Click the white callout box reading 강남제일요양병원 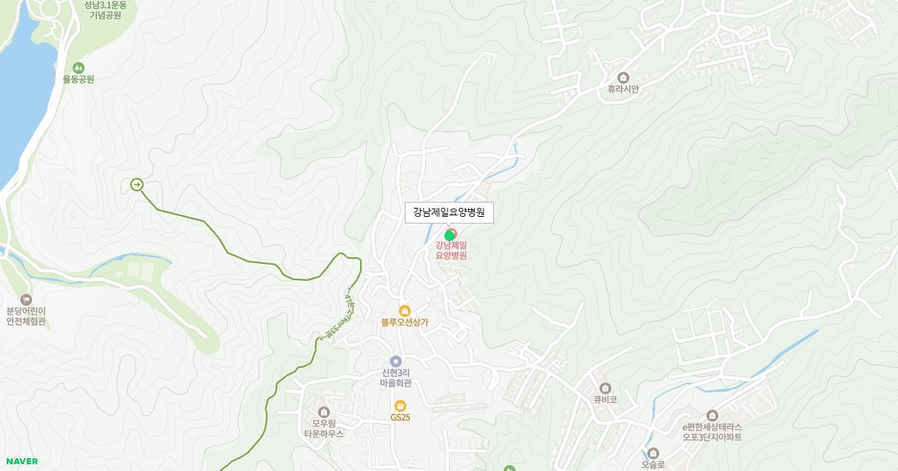coord(449,212)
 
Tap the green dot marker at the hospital coord(449,235)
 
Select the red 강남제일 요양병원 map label coord(451,250)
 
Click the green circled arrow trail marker coord(137,185)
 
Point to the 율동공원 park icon coord(79,67)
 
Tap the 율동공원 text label coord(79,79)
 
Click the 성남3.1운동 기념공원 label coord(106,10)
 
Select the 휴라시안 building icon coord(623,77)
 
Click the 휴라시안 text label coord(623,89)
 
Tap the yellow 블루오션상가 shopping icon coord(404,310)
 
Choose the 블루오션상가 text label coord(404,323)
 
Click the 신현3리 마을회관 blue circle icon coord(396,362)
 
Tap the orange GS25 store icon coord(400,405)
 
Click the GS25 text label coord(400,417)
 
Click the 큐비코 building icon coord(605,388)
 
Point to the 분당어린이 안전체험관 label coord(26,316)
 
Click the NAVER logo coord(22,461)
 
